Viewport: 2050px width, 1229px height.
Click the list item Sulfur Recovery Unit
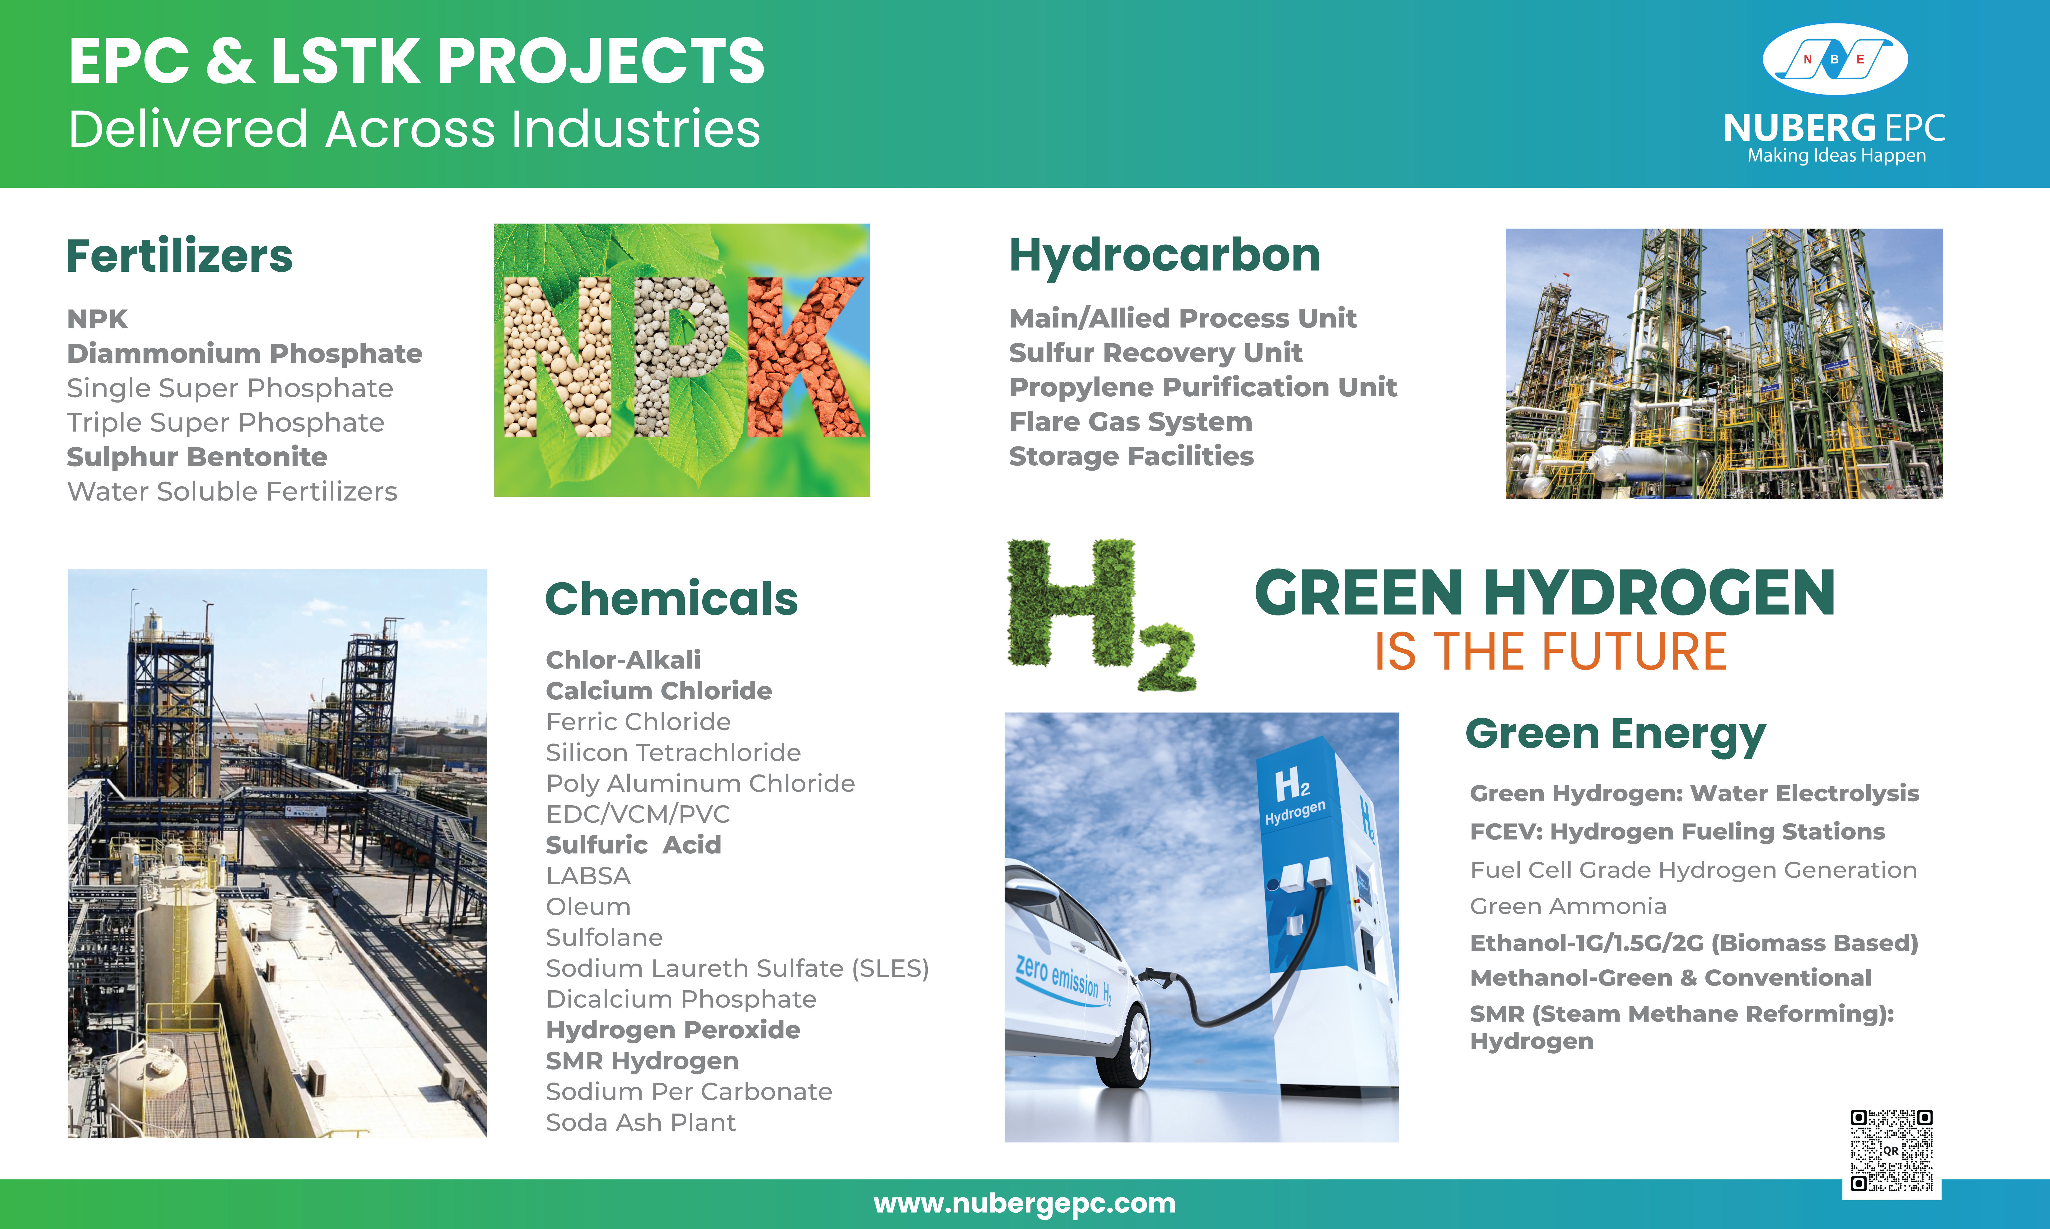[x=1155, y=353]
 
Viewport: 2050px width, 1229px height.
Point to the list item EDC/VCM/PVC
[x=638, y=814]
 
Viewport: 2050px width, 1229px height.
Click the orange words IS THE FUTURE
[x=1550, y=652]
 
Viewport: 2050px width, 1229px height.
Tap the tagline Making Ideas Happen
[x=1836, y=156]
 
